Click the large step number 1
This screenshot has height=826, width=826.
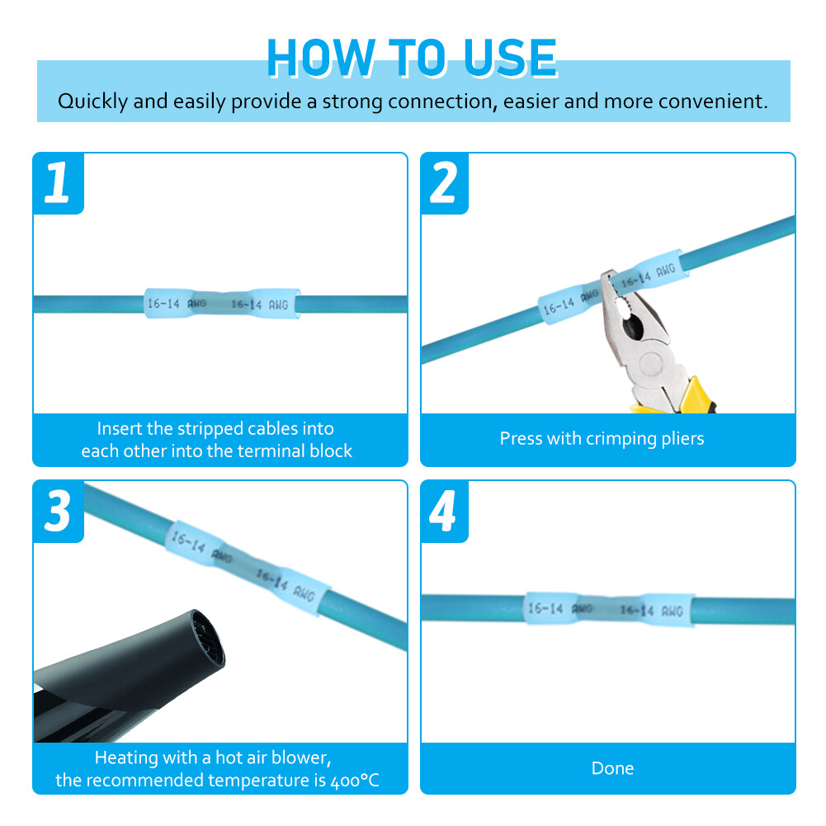click(57, 182)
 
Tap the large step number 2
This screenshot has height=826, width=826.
click(444, 182)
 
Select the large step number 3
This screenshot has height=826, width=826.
click(57, 511)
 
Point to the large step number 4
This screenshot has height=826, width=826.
click(442, 511)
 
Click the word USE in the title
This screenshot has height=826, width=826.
click(510, 58)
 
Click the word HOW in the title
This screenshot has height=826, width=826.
click(321, 58)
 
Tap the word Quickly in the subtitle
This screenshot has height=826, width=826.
click(92, 101)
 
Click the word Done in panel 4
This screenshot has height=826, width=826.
click(612, 768)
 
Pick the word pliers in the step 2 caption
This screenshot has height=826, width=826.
click(682, 439)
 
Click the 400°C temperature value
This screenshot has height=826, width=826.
click(355, 780)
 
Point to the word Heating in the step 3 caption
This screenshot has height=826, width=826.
click(126, 758)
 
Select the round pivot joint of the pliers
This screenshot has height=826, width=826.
click(652, 363)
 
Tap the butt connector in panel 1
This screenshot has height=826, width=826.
click(222, 304)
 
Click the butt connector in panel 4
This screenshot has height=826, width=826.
click(610, 609)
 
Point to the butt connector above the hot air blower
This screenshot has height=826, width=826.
click(248, 568)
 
